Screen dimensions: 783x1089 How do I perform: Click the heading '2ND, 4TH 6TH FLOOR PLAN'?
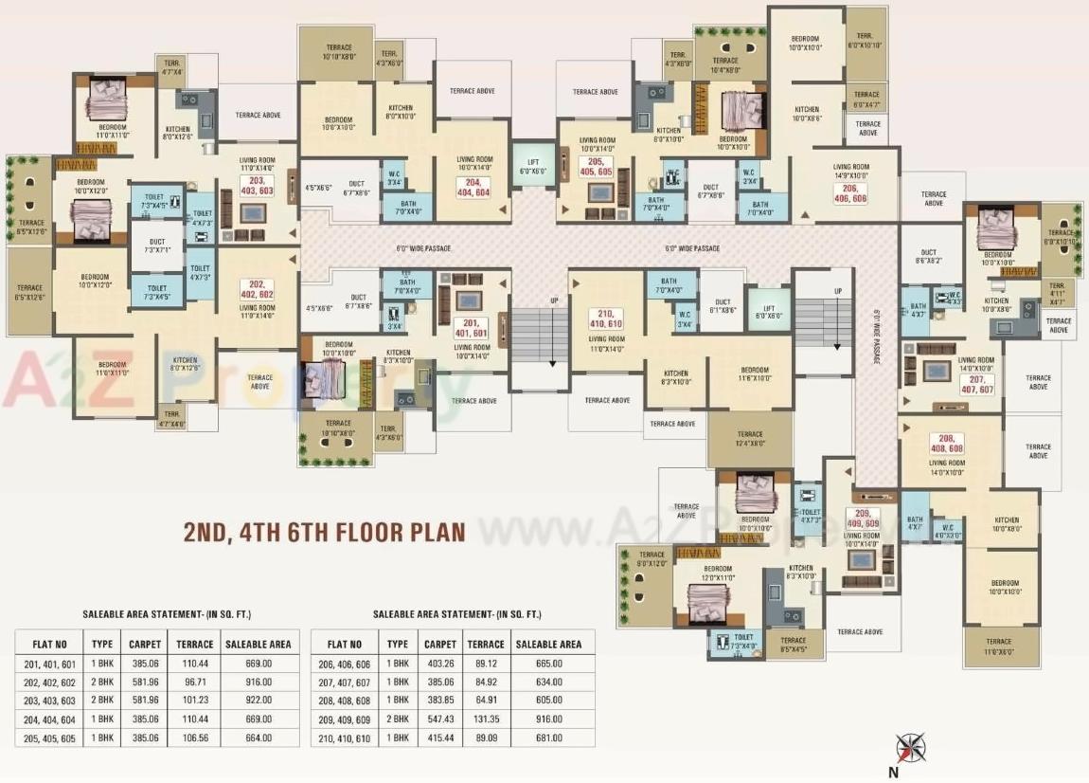(325, 531)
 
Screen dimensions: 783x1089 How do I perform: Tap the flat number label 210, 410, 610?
(606, 319)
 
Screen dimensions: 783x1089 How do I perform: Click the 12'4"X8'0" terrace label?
(750, 439)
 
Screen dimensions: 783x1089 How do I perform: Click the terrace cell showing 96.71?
(195, 683)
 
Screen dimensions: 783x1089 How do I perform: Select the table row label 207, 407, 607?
(344, 683)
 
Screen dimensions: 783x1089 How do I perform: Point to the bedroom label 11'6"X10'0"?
(755, 373)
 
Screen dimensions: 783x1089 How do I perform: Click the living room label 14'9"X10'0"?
(851, 171)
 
